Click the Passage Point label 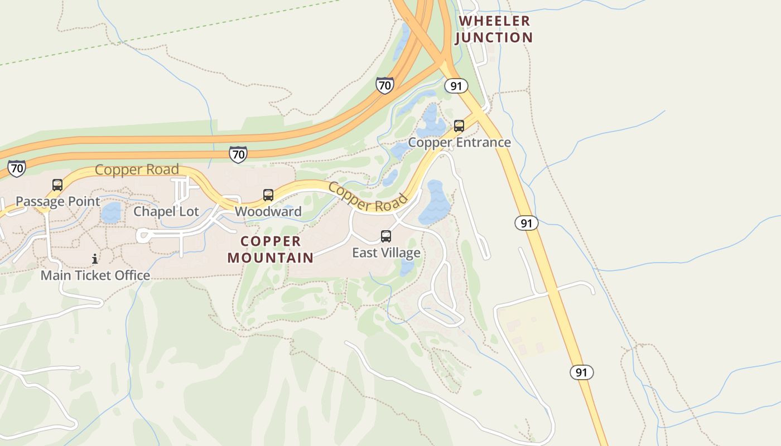(x=58, y=201)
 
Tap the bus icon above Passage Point (x=57, y=185)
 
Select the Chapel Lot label (x=166, y=211)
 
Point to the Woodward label (x=268, y=211)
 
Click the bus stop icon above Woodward (x=268, y=195)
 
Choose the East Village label (x=386, y=253)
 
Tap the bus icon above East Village (x=386, y=236)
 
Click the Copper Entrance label (x=459, y=142)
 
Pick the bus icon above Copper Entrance (x=459, y=126)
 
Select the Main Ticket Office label (x=95, y=275)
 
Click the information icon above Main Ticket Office (x=95, y=259)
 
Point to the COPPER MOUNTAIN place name (x=271, y=249)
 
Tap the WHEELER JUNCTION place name (x=494, y=30)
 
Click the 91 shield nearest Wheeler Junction (x=456, y=86)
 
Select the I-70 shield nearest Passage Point (x=17, y=168)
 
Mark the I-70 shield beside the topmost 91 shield (x=384, y=85)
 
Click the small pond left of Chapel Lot (x=112, y=212)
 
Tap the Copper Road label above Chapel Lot (x=137, y=169)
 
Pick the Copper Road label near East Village (x=368, y=197)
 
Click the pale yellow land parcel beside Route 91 (x=527, y=329)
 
